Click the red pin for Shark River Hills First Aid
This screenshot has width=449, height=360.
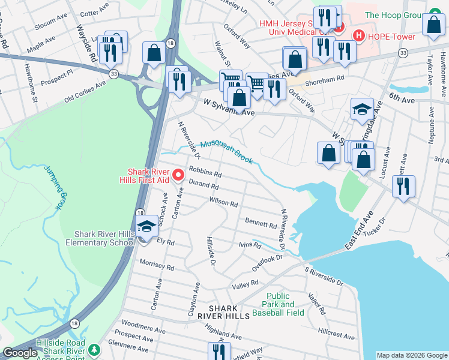coord(178,175)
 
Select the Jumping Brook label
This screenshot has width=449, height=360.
coord(53,187)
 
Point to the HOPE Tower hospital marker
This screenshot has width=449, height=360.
coord(358,35)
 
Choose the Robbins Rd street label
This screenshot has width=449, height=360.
coord(205,172)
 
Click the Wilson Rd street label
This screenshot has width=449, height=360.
coord(223,202)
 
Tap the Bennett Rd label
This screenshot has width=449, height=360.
coord(261,223)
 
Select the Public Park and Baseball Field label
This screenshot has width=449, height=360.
coord(286,304)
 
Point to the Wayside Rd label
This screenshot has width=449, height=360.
coord(86,43)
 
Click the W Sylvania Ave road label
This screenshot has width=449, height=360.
coord(229,108)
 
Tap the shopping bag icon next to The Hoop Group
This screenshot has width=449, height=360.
coord(433,27)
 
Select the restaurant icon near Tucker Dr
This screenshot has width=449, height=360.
coord(403,185)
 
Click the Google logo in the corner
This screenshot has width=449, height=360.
coord(20,353)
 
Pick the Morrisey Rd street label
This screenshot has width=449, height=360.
coord(156,265)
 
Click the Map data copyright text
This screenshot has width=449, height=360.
coord(412,355)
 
